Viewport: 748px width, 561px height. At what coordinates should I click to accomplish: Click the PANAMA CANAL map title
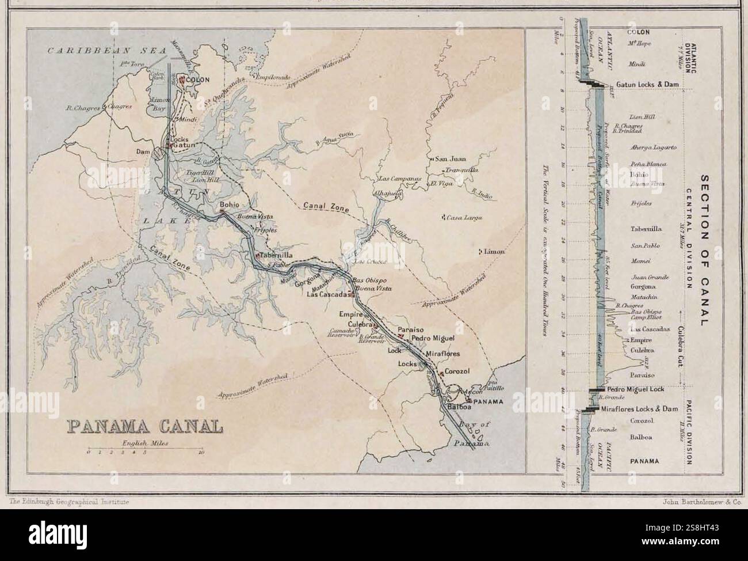145,426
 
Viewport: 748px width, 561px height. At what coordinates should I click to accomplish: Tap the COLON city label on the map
197,80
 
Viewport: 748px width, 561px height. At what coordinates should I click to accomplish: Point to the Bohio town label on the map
229,204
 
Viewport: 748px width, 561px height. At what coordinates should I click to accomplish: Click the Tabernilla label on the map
277,255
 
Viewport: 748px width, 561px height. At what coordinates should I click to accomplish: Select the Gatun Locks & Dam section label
651,85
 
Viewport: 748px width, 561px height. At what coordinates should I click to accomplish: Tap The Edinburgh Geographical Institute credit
69,502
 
